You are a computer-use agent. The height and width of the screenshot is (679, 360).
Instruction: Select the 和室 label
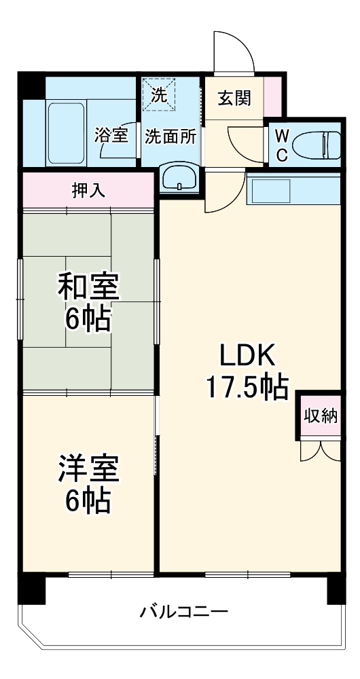click(x=88, y=288)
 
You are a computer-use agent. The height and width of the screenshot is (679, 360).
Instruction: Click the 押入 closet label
click(x=88, y=190)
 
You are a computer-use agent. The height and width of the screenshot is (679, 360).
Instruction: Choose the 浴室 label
click(x=111, y=134)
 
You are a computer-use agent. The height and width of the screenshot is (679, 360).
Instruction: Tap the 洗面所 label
click(x=170, y=135)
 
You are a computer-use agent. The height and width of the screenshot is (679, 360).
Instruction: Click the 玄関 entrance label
click(x=234, y=98)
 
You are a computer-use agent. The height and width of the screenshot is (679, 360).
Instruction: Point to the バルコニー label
click(x=183, y=611)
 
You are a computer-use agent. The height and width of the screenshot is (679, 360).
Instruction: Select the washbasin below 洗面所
click(x=180, y=179)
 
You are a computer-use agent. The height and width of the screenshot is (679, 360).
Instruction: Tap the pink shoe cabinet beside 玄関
click(x=272, y=98)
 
